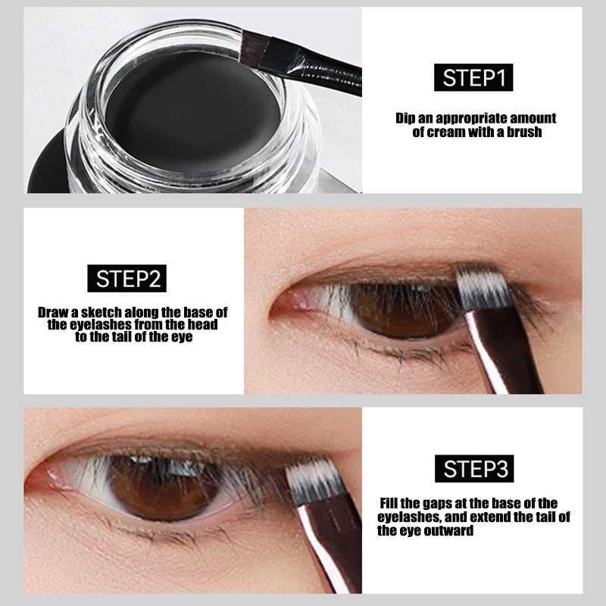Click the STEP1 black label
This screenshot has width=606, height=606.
[x=473, y=78]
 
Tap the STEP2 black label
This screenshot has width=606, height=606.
[x=127, y=278]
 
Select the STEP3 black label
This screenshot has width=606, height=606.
[x=474, y=468]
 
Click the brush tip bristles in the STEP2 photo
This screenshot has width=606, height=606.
[x=484, y=288]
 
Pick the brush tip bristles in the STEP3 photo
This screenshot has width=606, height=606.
[x=314, y=481]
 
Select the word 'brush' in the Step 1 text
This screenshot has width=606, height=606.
[x=524, y=132]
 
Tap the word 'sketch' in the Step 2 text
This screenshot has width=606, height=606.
[x=101, y=312]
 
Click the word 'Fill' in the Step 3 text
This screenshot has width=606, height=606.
[x=389, y=503]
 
